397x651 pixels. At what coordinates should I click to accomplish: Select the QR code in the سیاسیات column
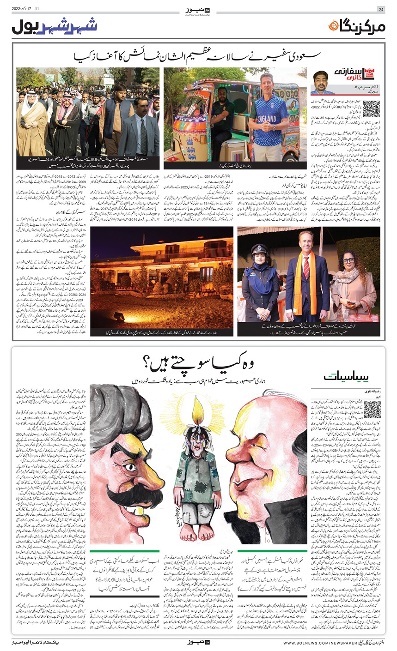pos(372,410)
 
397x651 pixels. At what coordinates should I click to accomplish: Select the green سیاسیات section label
pos(341,378)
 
